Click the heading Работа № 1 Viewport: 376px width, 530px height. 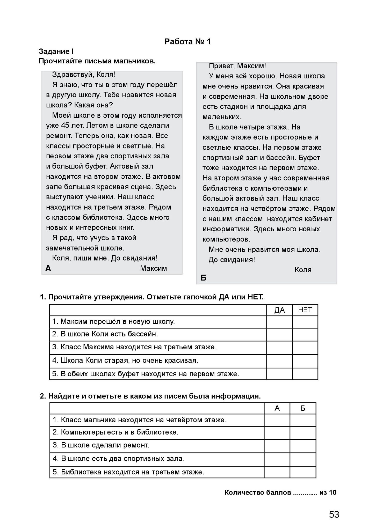[x=187, y=42]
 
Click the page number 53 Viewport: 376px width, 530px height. [x=334, y=514]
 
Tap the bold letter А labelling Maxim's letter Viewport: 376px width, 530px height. [x=48, y=268]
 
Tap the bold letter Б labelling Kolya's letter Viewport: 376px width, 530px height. [x=204, y=278]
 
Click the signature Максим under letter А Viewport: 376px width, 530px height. [x=153, y=268]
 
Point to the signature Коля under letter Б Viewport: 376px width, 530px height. [x=303, y=270]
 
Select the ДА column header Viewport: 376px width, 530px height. [x=279, y=310]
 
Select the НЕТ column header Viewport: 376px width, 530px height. [x=305, y=310]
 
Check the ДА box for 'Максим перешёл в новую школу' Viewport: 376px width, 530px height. [x=279, y=322]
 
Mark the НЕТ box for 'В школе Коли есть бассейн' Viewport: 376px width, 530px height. [x=305, y=334]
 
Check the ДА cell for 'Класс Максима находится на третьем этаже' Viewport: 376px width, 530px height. [x=279, y=348]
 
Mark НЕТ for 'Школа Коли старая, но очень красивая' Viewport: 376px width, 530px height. [x=305, y=361]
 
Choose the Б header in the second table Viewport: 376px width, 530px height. [x=303, y=408]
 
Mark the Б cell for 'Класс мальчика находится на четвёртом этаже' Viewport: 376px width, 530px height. [x=303, y=420]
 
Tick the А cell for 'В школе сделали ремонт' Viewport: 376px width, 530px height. [x=277, y=446]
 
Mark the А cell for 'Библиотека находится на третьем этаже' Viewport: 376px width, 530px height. [x=277, y=472]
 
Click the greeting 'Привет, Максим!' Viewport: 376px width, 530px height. [x=237, y=66]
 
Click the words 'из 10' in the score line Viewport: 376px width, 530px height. [x=328, y=492]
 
